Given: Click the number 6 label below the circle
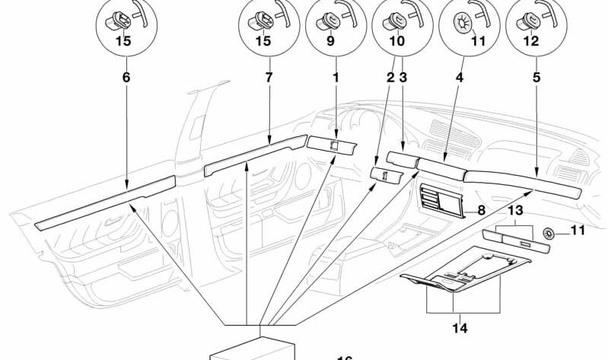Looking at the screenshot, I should [x=126, y=78].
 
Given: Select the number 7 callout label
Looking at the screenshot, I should [x=268, y=78].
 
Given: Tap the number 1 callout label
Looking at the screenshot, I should [x=336, y=78].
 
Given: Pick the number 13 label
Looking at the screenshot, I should [x=516, y=210].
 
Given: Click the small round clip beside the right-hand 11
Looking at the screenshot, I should [x=550, y=233].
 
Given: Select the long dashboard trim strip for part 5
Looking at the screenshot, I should [x=525, y=186].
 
